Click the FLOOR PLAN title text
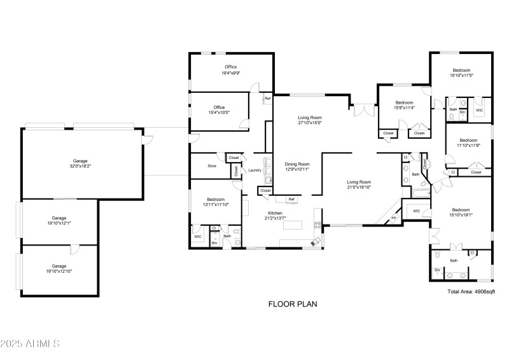[292, 304]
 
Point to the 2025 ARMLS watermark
[31, 343]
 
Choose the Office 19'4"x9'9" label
[230, 71]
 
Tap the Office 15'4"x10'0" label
[220, 110]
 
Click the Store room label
[212, 166]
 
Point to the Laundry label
[255, 170]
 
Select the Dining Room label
[296, 167]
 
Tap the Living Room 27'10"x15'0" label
[310, 120]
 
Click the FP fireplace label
[393, 218]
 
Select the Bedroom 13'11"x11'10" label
[216, 202]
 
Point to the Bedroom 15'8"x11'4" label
[404, 105]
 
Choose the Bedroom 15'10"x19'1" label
[461, 212]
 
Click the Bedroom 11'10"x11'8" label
[468, 142]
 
